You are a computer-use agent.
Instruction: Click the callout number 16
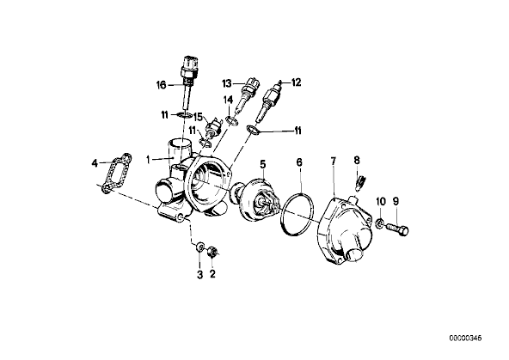pyautogui.click(x=162, y=85)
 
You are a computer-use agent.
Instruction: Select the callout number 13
pyautogui.click(x=227, y=83)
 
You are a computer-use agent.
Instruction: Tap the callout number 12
pyautogui.click(x=296, y=82)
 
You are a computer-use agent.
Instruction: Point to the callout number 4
pyautogui.click(x=95, y=163)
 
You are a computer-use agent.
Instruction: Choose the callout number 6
pyautogui.click(x=299, y=162)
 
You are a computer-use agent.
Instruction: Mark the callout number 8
pyautogui.click(x=357, y=160)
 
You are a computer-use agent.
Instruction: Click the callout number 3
pyautogui.click(x=200, y=274)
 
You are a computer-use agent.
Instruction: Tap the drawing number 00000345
pyautogui.click(x=465, y=339)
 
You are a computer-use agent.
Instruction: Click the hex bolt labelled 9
pyautogui.click(x=397, y=229)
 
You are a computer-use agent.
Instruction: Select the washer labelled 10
pyautogui.click(x=379, y=223)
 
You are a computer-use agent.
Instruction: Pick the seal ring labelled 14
pyautogui.click(x=232, y=120)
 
